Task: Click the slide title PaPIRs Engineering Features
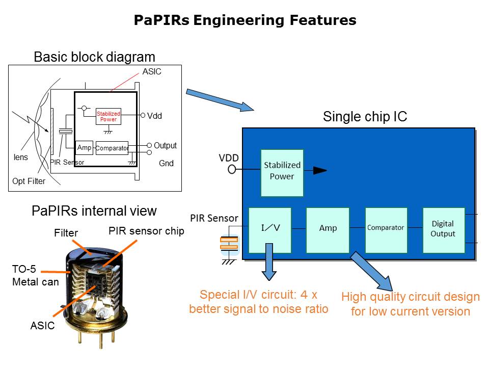coord(244,20)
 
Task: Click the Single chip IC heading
coord(365,117)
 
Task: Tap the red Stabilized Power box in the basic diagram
coord(108,117)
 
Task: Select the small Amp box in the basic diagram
coord(84,148)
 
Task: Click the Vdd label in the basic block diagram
coord(154,116)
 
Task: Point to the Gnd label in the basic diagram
coord(166,164)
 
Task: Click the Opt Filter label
coord(29,181)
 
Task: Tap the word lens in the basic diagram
coord(20,158)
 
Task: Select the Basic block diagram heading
coord(94,57)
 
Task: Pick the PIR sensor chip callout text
coord(146,231)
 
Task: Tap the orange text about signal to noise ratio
coord(258,302)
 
